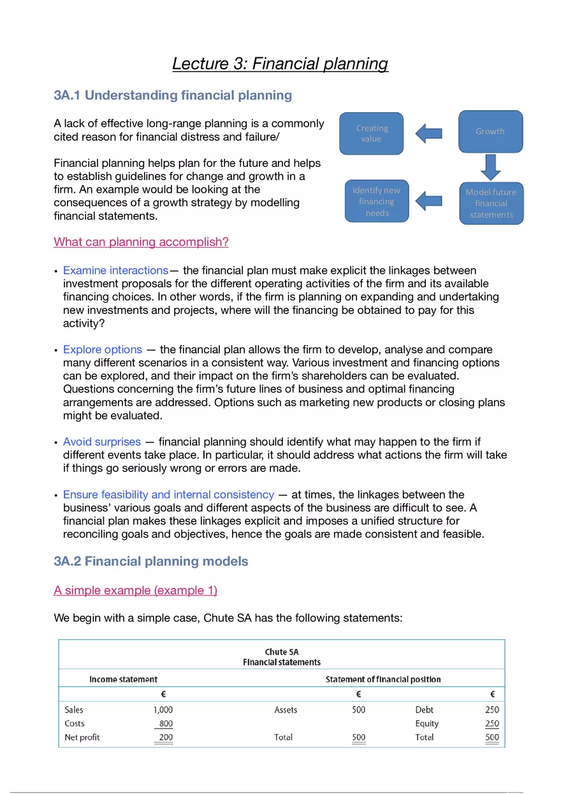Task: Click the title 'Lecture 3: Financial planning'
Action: (x=280, y=64)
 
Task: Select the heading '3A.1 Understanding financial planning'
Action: (x=173, y=96)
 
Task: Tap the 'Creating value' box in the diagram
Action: (x=371, y=133)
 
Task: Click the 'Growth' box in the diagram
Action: (x=490, y=131)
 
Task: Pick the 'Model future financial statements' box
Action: (x=491, y=203)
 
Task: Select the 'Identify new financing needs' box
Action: (x=377, y=201)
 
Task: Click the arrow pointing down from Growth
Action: (x=490, y=167)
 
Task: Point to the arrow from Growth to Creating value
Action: (x=429, y=133)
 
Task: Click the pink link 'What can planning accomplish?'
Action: (x=141, y=242)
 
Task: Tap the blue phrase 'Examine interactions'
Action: (x=115, y=271)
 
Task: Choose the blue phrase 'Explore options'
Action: (x=103, y=350)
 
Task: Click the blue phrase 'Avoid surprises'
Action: (x=102, y=441)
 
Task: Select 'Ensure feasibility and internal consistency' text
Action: (x=168, y=495)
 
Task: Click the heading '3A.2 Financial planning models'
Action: (x=151, y=562)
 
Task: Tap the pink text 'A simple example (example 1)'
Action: (x=135, y=590)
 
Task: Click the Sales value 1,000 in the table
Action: (x=163, y=709)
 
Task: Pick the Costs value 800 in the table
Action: (x=166, y=723)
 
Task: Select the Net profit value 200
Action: (x=166, y=737)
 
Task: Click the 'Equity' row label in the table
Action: (x=426, y=723)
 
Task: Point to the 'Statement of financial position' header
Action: (x=382, y=679)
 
